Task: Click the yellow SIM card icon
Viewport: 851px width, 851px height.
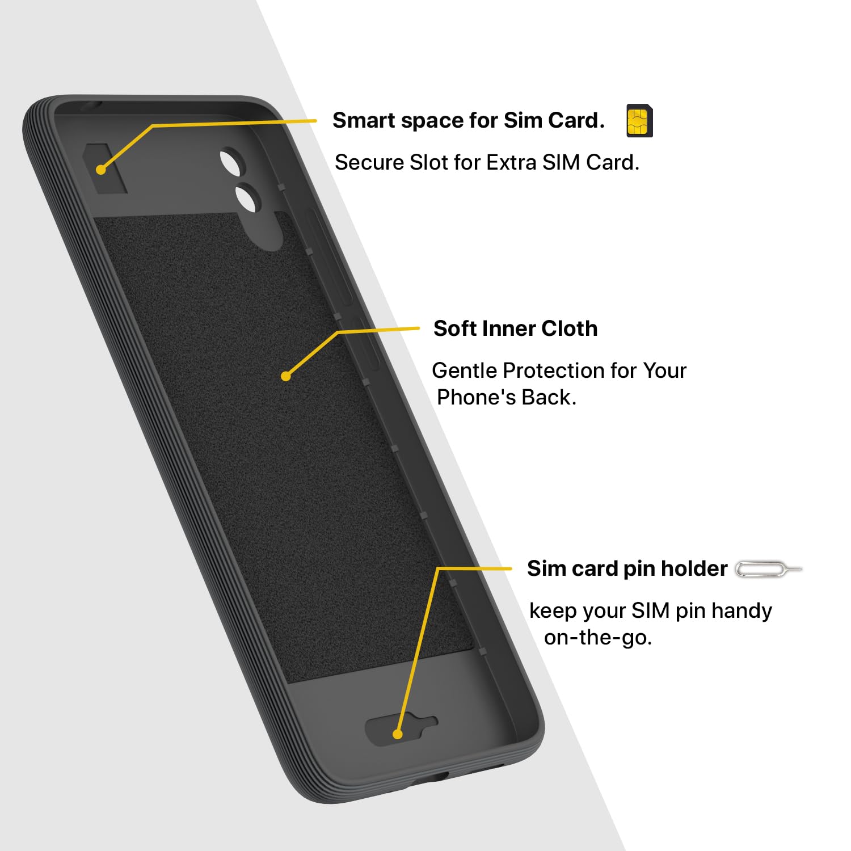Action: (x=639, y=121)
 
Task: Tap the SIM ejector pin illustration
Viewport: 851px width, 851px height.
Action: (x=769, y=569)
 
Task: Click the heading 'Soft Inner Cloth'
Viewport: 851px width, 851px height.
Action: (x=515, y=328)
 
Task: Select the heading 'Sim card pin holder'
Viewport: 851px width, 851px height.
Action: (x=627, y=568)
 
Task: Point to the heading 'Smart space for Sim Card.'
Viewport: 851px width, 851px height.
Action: (x=469, y=120)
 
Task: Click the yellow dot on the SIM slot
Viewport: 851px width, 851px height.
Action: (x=101, y=169)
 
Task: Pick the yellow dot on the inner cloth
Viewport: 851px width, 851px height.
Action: (x=286, y=376)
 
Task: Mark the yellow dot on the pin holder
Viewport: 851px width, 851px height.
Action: (x=398, y=734)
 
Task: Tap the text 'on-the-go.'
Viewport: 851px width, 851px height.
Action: (x=598, y=638)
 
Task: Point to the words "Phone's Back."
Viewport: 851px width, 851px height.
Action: (x=507, y=398)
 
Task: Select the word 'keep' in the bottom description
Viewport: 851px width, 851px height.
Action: (x=553, y=612)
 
